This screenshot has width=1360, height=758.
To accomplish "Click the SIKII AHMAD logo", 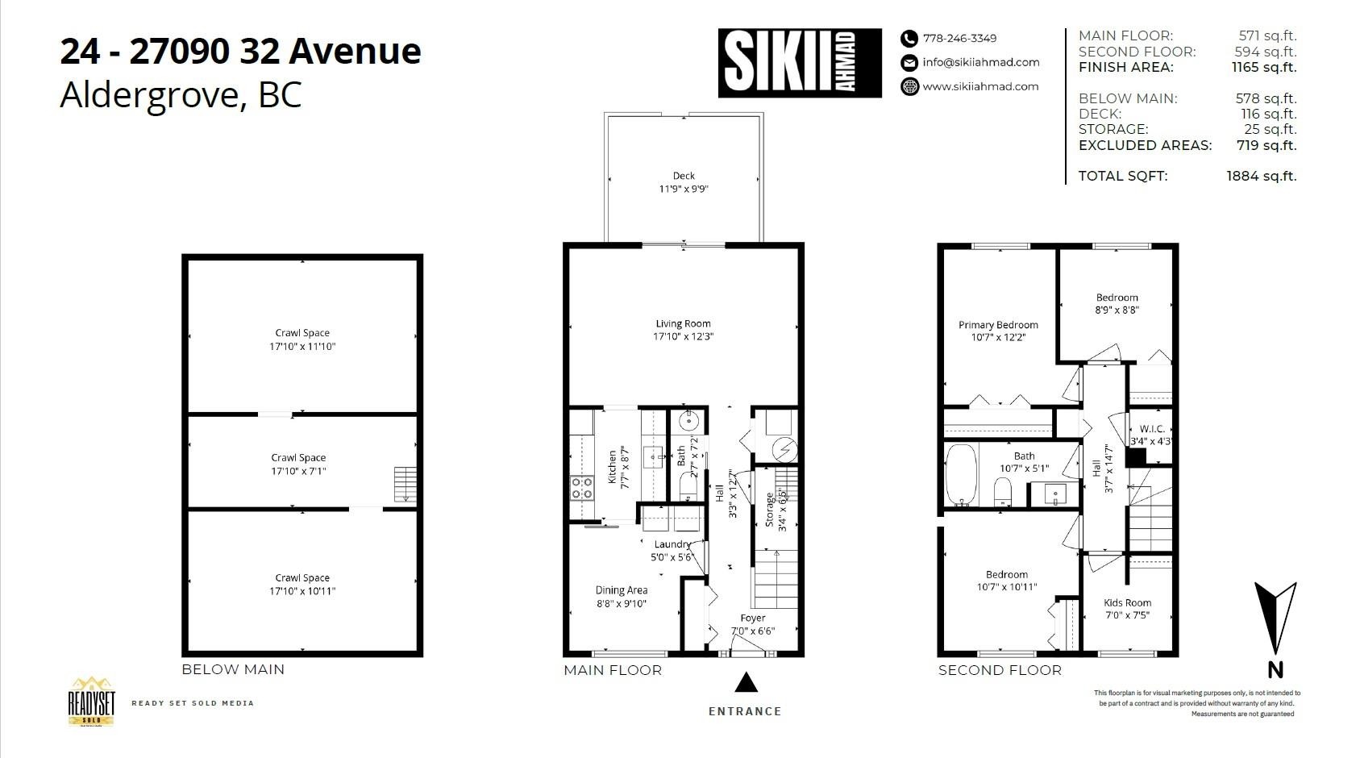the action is (800, 63).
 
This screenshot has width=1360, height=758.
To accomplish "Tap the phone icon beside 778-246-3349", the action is (909, 38).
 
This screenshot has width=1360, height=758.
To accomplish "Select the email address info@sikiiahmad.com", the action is (980, 62).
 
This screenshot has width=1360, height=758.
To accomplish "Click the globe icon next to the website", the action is (909, 86).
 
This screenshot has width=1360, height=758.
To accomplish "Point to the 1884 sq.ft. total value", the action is (1261, 176).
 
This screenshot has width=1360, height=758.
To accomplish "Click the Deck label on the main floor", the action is (684, 176).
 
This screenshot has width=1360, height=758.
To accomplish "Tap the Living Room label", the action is (683, 323).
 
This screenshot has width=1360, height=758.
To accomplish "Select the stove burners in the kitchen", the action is (581, 489).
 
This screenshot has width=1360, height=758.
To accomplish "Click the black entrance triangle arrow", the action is (747, 682).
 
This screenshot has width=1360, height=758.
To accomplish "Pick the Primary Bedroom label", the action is (998, 325).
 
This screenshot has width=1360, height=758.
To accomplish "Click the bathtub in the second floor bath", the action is (962, 475).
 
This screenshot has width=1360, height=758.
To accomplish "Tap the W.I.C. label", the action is (1152, 429).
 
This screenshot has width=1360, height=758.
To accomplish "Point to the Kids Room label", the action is (1128, 602).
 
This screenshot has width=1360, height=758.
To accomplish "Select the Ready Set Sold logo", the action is (91, 702).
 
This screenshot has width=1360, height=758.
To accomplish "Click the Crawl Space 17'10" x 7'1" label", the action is (298, 464).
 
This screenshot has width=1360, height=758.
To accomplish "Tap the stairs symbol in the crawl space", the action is (406, 484).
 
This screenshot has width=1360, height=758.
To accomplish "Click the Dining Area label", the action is (621, 589).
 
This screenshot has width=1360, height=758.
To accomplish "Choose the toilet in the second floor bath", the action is (1002, 491).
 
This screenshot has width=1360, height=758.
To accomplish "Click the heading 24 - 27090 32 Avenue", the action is (240, 51).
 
